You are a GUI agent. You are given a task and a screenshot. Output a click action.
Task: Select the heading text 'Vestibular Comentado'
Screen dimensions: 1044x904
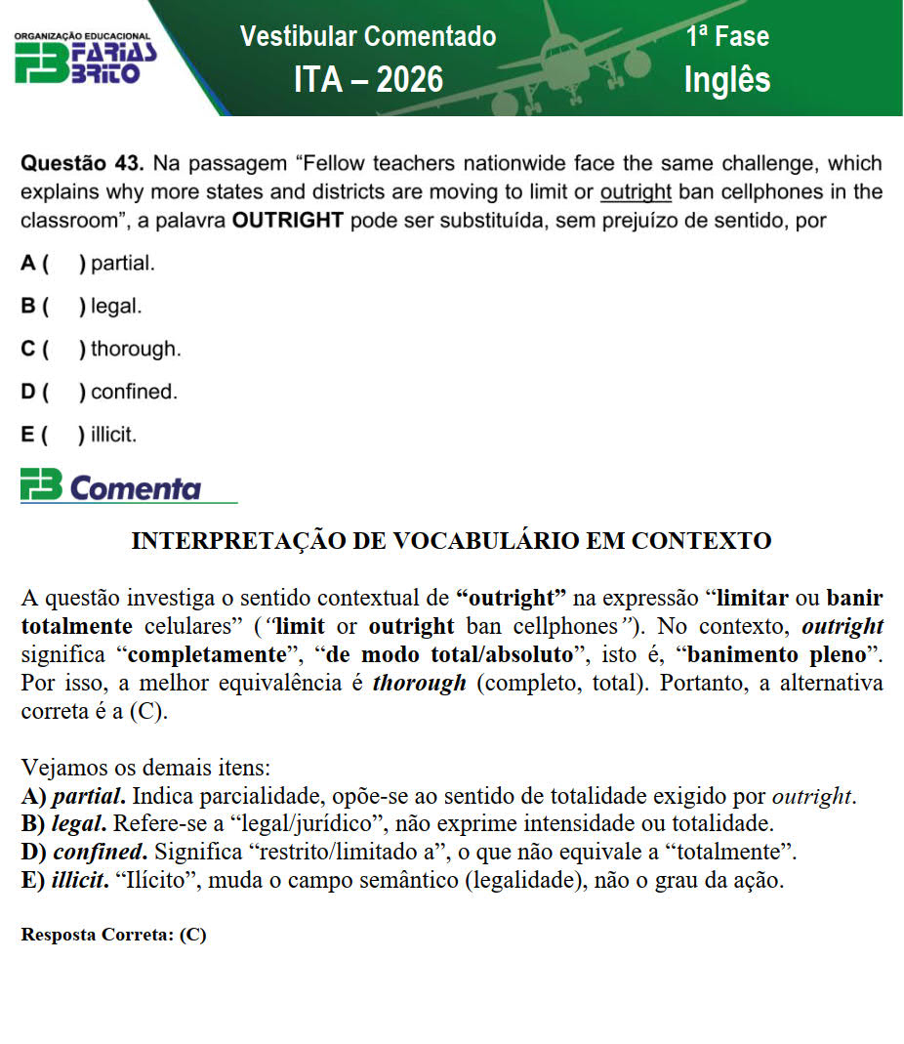368,37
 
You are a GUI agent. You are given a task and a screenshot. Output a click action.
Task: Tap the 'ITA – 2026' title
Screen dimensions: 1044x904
368,79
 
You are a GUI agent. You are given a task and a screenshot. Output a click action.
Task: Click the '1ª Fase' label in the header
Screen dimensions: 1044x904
727,37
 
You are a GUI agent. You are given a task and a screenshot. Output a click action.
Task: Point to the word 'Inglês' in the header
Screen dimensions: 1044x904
727,80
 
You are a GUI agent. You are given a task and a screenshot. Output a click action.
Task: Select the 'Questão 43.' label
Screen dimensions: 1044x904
83,163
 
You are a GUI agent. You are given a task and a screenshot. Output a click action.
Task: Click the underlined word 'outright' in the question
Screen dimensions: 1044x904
635,191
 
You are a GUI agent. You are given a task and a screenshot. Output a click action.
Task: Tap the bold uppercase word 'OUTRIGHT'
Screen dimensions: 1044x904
287,220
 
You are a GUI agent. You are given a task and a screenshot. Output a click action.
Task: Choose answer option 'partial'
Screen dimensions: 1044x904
122,263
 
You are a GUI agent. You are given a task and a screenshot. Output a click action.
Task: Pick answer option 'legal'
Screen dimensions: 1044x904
116,306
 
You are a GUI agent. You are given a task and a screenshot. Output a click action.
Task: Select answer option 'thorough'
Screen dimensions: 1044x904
136,349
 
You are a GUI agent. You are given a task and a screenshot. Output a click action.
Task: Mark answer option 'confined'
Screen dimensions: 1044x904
134,392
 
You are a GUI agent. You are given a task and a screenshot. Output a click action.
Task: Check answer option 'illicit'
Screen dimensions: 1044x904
113,435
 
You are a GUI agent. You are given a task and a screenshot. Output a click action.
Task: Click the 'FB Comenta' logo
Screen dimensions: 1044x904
111,486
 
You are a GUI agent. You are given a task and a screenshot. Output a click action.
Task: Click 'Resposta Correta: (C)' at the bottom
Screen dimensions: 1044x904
113,934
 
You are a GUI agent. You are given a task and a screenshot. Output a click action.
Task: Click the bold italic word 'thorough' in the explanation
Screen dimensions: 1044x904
419,683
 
